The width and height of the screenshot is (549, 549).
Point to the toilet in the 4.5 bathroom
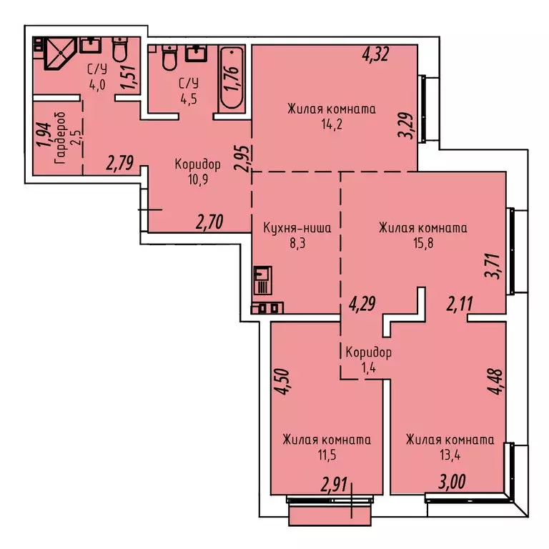click(x=169, y=57)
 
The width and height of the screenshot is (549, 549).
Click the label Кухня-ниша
click(x=297, y=229)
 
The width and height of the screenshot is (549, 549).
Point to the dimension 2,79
click(x=121, y=164)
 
